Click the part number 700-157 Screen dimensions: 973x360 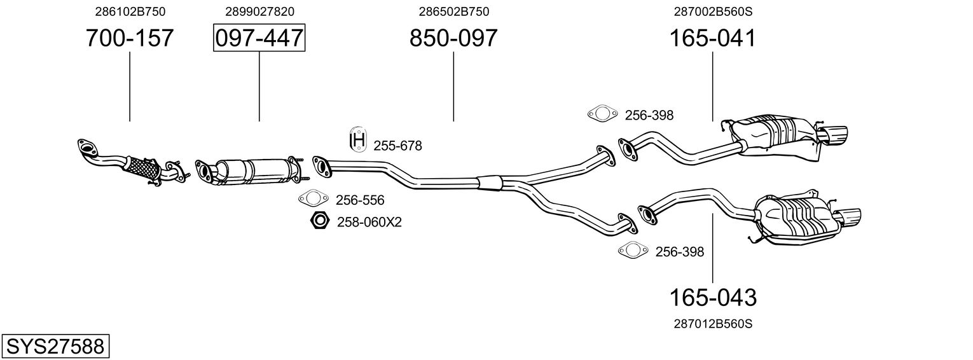click(129, 39)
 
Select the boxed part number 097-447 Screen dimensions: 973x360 click(259, 39)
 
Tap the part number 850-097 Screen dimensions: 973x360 click(453, 39)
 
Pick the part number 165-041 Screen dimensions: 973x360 click(712, 39)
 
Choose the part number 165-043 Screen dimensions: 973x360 click(712, 297)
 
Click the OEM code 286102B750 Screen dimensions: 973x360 click(129, 11)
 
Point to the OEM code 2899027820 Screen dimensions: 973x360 click(259, 11)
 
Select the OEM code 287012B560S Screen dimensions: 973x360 click(712, 324)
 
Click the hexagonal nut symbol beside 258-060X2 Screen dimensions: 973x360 click(319, 221)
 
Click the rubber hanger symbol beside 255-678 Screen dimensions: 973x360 click(359, 140)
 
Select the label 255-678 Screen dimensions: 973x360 click(397, 146)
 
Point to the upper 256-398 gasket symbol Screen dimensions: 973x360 click(602, 114)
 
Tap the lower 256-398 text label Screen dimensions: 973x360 click(679, 252)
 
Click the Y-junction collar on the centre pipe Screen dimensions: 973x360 click(490, 181)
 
